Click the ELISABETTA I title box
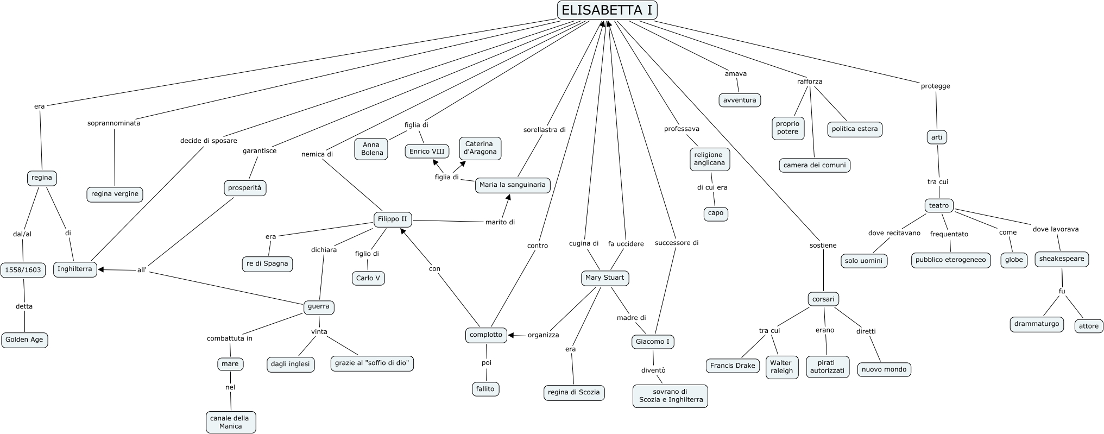point(607,10)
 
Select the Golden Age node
point(24,340)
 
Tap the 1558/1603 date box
point(23,270)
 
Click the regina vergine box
point(115,194)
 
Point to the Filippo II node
point(392,219)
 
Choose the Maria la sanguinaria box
point(512,185)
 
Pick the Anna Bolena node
point(372,149)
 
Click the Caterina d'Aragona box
point(480,148)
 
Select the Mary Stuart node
point(604,278)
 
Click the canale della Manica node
point(231,422)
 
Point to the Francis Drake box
point(733,366)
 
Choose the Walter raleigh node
point(781,367)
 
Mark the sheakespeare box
point(1061,259)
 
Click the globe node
point(1013,260)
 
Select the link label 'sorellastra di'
point(544,130)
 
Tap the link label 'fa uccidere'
point(626,244)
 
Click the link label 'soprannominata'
point(113,123)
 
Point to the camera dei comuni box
point(814,165)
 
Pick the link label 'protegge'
point(935,86)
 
